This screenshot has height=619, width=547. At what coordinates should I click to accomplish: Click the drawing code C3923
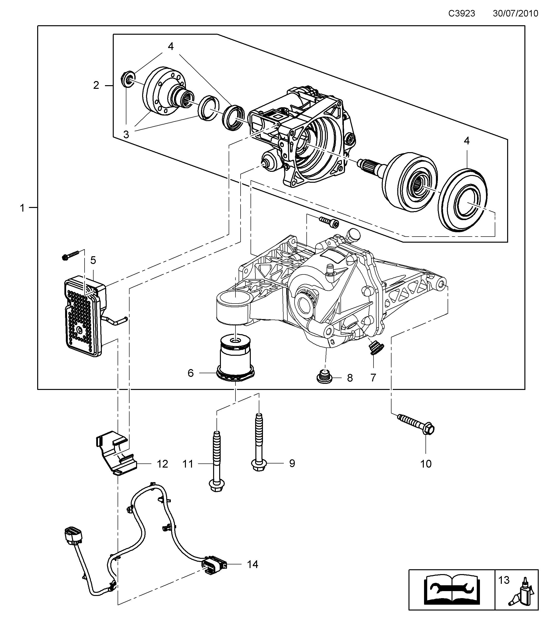pyautogui.click(x=461, y=14)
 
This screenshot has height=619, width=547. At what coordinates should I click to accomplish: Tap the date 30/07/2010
pyautogui.click(x=515, y=14)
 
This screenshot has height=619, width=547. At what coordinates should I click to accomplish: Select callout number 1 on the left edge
pyautogui.click(x=22, y=208)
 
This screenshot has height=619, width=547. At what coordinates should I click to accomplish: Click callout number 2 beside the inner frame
pyautogui.click(x=96, y=85)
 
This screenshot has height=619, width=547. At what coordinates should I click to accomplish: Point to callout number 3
pyautogui.click(x=126, y=134)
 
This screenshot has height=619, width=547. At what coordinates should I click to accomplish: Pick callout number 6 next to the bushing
pyautogui.click(x=191, y=373)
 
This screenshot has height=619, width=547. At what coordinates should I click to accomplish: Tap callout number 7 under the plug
pyautogui.click(x=373, y=378)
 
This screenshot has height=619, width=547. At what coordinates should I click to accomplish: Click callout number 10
pyautogui.click(x=426, y=464)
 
